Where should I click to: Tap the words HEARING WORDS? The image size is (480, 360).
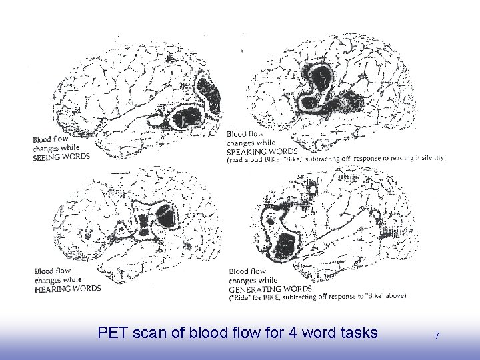pyautogui.click(x=67, y=289)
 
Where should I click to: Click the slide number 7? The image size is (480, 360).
pyautogui.click(x=436, y=336)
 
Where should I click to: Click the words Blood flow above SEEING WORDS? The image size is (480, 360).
pyautogui.click(x=50, y=139)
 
